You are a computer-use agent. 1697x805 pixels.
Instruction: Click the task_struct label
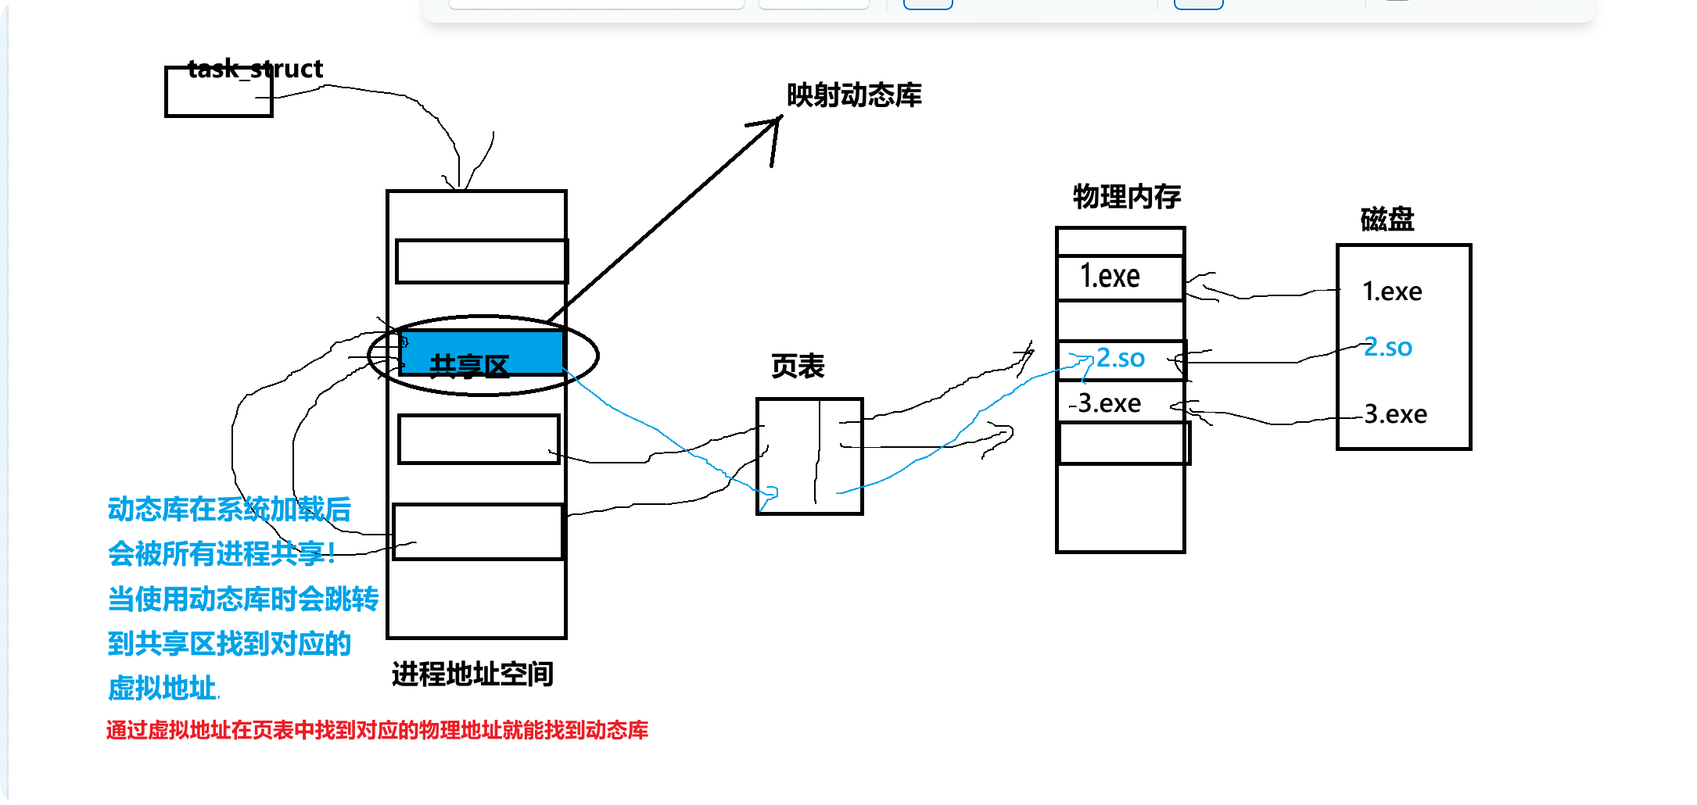[x=255, y=69]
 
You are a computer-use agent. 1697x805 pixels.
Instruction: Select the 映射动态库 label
[x=854, y=95]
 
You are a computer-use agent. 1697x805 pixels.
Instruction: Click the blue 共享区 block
[x=482, y=353]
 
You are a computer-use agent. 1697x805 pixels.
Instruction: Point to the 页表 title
[x=798, y=366]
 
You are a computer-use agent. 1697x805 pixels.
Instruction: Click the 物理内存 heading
[x=1126, y=197]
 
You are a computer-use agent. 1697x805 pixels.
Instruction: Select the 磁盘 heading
[x=1387, y=220]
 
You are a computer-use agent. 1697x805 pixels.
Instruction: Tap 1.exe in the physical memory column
[x=1110, y=277]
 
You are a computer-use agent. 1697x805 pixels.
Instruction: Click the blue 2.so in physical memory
[x=1120, y=359]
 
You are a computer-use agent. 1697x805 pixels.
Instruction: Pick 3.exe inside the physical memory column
[x=1108, y=403]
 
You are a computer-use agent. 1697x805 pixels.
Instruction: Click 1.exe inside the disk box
[x=1392, y=292]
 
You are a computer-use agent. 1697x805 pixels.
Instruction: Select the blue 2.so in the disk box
[x=1388, y=347]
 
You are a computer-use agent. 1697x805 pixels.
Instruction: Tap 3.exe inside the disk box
[x=1395, y=414]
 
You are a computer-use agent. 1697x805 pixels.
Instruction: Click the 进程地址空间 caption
[x=472, y=674]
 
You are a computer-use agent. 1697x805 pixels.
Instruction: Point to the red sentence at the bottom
[x=377, y=731]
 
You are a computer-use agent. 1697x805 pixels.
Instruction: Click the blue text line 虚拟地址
[x=162, y=689]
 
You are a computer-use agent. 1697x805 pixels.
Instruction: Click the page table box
[x=809, y=456]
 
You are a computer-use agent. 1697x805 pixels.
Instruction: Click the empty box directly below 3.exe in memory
[x=1123, y=443]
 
